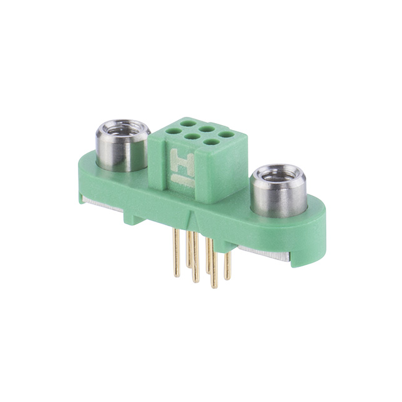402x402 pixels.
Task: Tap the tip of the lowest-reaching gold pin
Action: [214, 286]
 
